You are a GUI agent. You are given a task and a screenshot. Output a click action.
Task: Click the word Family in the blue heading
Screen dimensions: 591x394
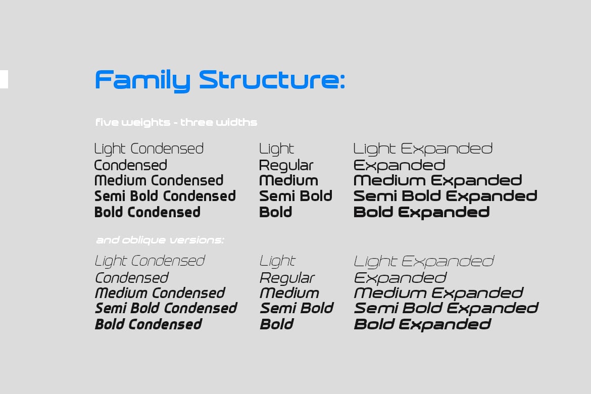142,80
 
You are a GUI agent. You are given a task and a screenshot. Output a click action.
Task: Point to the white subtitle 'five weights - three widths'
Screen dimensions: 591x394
176,123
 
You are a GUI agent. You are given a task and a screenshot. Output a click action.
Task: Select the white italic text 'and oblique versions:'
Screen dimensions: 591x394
160,240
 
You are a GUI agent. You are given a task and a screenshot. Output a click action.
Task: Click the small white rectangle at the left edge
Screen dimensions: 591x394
4,79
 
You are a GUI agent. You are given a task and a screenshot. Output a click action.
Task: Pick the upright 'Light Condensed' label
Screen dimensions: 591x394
149,149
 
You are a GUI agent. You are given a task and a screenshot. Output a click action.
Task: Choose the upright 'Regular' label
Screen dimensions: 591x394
286,166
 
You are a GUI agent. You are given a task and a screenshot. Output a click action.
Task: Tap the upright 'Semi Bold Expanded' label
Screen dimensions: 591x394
445,196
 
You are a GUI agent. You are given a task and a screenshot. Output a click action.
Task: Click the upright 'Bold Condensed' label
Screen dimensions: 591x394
147,212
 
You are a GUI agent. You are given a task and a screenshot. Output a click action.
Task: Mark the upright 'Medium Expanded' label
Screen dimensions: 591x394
437,181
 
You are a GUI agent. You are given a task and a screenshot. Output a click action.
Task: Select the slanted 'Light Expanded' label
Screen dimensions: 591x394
424,262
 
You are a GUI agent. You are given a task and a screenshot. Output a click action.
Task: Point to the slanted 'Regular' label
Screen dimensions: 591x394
287,278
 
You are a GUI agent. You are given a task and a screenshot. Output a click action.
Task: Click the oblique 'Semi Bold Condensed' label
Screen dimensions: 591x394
166,308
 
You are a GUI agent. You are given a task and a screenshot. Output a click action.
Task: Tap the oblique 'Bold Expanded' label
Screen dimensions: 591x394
422,325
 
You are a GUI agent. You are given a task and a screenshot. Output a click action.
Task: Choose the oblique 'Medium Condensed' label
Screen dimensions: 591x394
160,293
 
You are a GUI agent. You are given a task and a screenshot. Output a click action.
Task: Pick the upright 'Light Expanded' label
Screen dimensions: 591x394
423,149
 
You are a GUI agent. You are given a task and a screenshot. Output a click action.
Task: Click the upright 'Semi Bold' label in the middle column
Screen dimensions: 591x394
296,196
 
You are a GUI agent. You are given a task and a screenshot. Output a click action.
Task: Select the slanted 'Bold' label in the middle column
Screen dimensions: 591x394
277,324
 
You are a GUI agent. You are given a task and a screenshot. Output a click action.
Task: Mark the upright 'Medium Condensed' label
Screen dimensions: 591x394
159,180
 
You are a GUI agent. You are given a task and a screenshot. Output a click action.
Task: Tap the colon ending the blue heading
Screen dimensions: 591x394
342,81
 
